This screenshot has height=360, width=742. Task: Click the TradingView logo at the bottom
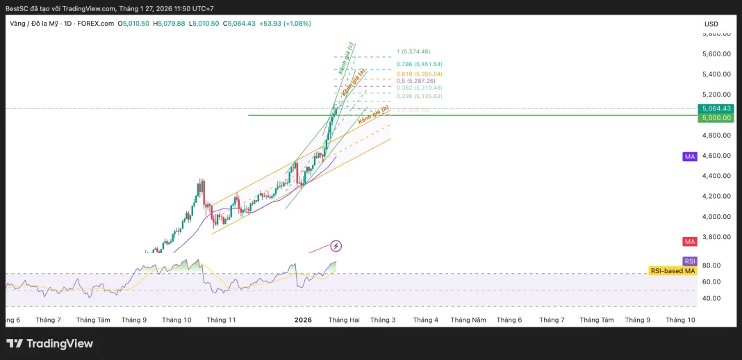click(x=49, y=343)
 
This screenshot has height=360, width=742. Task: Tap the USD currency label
click(x=711, y=24)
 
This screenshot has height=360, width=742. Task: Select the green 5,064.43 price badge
click(x=716, y=108)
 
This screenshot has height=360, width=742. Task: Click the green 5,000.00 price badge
click(x=716, y=117)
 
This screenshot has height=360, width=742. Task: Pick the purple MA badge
click(x=689, y=157)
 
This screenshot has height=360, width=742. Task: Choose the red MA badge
click(x=689, y=242)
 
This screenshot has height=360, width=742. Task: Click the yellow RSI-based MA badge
click(x=673, y=271)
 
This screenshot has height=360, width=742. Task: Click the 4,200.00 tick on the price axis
click(x=716, y=196)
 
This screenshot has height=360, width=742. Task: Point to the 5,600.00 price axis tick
click(x=716, y=54)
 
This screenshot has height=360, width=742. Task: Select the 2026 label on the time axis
click(x=303, y=320)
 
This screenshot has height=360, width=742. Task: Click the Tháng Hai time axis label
click(x=344, y=320)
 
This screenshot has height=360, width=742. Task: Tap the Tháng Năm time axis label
click(x=468, y=320)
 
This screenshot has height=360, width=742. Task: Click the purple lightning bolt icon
click(x=336, y=245)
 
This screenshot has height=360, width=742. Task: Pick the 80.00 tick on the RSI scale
click(x=711, y=265)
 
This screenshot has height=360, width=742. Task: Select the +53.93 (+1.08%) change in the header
click(x=285, y=24)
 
